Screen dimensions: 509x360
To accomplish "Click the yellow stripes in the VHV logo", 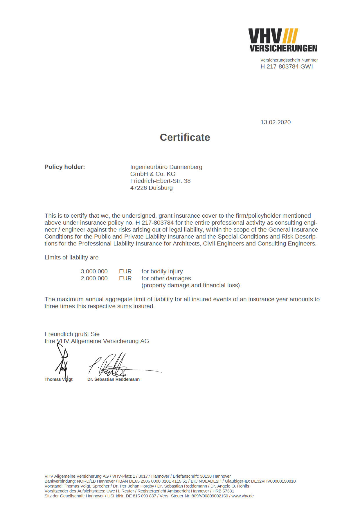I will pyautogui.click(x=290, y=36).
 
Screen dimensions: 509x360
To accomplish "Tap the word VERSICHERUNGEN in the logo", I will pyautogui.click(x=283, y=48).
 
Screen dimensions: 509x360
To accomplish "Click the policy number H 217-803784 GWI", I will pyautogui.click(x=287, y=66).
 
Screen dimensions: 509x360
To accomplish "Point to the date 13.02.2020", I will pyautogui.click(x=275, y=122).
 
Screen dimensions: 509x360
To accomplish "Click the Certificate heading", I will pyautogui.click(x=185, y=137).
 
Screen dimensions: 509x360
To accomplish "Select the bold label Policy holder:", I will pyautogui.click(x=64, y=167).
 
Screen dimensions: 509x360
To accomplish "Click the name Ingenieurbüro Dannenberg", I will pyautogui.click(x=166, y=167).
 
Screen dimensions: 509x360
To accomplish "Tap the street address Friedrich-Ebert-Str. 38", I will pyautogui.click(x=160, y=181).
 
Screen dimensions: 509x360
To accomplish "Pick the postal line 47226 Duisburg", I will pyautogui.click(x=151, y=188).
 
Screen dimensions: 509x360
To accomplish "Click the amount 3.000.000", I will pyautogui.click(x=94, y=271).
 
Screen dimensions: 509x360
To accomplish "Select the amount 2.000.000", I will pyautogui.click(x=94, y=278).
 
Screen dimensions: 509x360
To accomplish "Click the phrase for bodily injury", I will pyautogui.click(x=162, y=271).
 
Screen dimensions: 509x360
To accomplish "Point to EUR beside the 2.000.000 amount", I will pyautogui.click(x=125, y=278).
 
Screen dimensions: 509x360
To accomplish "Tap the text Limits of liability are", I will pyautogui.click(x=71, y=257).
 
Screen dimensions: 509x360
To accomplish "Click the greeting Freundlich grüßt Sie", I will pyautogui.click(x=72, y=334).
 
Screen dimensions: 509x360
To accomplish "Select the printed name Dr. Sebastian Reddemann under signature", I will pyautogui.click(x=113, y=379).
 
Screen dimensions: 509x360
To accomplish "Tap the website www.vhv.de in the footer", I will pyautogui.click(x=242, y=496).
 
